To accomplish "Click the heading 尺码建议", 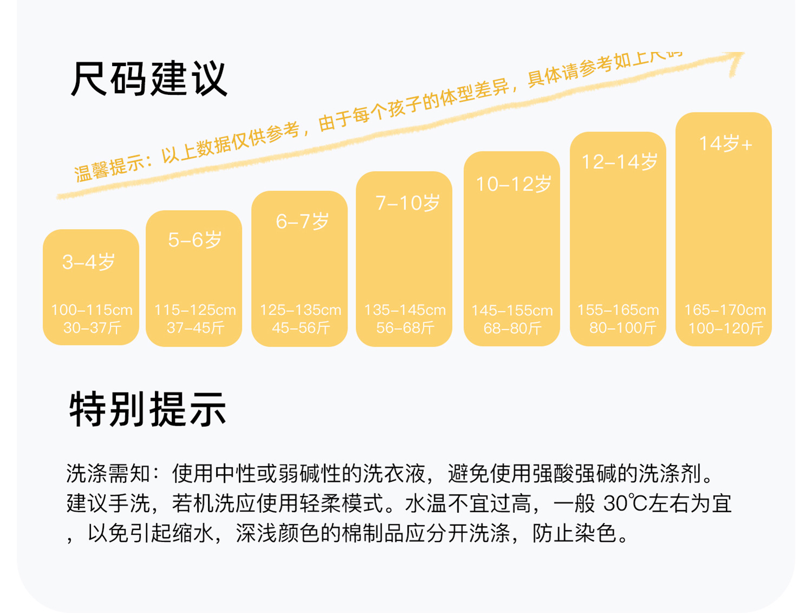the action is coord(149,79).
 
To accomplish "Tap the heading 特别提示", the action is coord(148,409).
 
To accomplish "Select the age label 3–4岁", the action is coord(89,263).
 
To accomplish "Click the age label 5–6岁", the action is coord(195,240).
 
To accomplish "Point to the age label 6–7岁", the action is coord(303,221).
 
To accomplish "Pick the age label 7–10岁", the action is coord(408,203).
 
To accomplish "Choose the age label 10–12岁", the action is coord(513,185).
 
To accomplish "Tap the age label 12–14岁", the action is coord(619,162).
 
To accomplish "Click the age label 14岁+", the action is coord(725,144).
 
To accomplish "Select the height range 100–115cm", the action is coord(91,310).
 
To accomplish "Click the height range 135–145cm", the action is coord(405,310).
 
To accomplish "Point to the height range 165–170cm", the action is coord(725,310).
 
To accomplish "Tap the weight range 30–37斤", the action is coord(92,328).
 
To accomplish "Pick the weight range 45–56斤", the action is coord(301,328).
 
